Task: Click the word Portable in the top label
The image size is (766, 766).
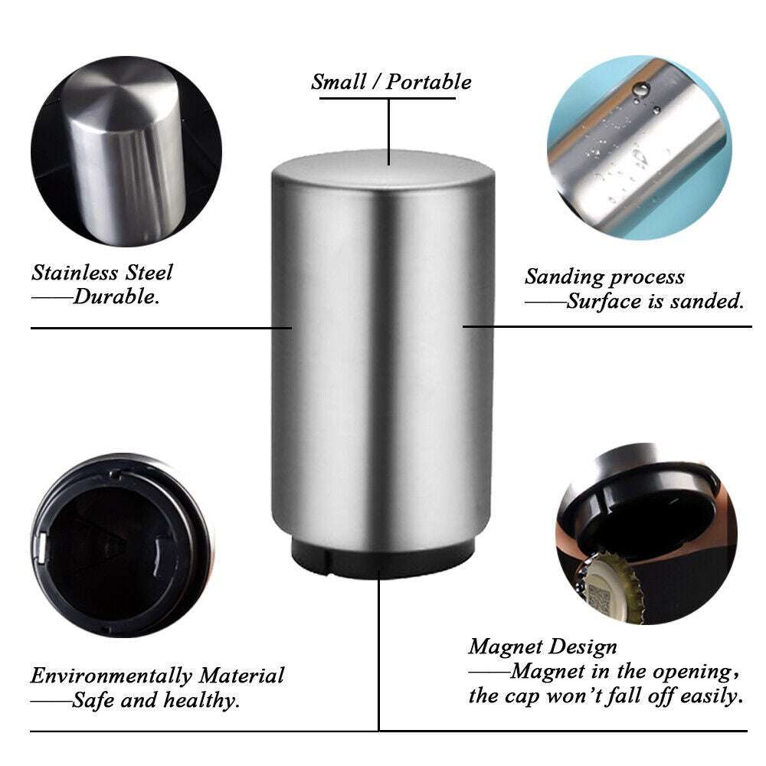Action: [429, 81]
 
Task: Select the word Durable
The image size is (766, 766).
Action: [116, 297]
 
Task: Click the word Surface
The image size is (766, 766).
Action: [606, 301]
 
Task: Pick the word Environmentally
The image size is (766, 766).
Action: [112, 676]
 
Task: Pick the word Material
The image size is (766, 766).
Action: [242, 676]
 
